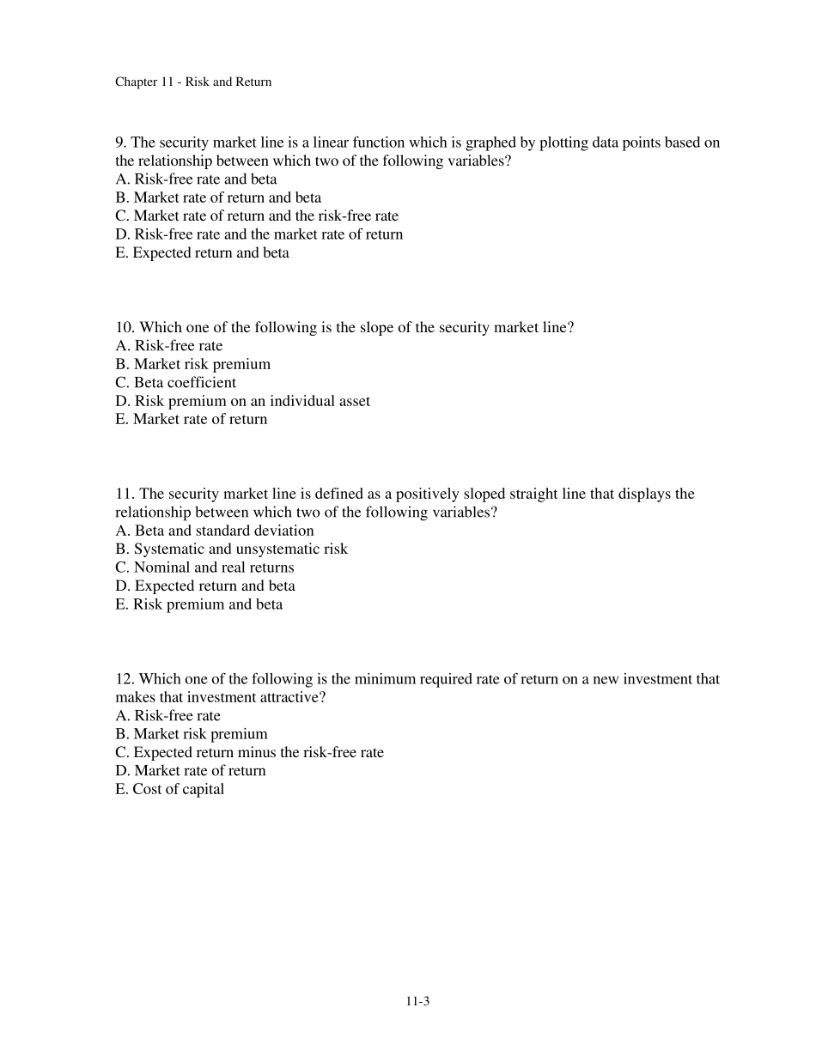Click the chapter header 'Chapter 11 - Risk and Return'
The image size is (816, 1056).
click(192, 82)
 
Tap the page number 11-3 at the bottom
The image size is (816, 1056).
click(417, 1000)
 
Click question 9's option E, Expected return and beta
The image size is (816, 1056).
click(202, 253)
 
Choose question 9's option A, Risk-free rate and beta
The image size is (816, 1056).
click(196, 179)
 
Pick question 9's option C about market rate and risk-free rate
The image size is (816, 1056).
click(257, 216)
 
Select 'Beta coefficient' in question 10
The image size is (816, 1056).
click(175, 383)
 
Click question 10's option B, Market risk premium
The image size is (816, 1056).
click(192, 364)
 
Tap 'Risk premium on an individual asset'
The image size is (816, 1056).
click(242, 401)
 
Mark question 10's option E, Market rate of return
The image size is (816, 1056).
click(191, 420)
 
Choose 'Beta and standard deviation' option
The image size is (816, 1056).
click(214, 531)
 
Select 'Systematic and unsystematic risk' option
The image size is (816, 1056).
click(231, 549)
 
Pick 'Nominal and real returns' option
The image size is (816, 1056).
click(204, 567)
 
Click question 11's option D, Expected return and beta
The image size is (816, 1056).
click(204, 586)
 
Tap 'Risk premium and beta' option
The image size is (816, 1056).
click(198, 604)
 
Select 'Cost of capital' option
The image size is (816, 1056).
click(169, 790)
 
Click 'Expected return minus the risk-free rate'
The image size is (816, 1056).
click(249, 753)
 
